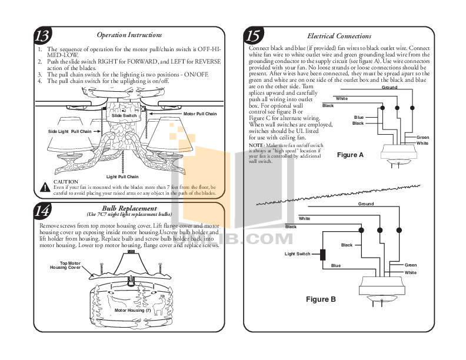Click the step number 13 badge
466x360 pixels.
42,36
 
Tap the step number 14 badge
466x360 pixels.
42,211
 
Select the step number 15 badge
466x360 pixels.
254,36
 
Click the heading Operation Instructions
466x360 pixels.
129,36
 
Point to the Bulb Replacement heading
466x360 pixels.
129,208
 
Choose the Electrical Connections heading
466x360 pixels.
339,36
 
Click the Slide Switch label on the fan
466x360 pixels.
124,116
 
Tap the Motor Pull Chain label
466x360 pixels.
200,114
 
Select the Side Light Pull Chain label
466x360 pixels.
69,131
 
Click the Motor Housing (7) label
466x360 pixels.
132,310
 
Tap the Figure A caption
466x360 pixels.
350,155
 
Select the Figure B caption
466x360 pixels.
321,299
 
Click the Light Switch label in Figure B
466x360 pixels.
297,254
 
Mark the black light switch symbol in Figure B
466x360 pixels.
322,255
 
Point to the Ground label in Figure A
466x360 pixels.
390,87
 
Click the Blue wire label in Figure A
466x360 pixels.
358,117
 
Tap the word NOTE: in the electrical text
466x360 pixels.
257,145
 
